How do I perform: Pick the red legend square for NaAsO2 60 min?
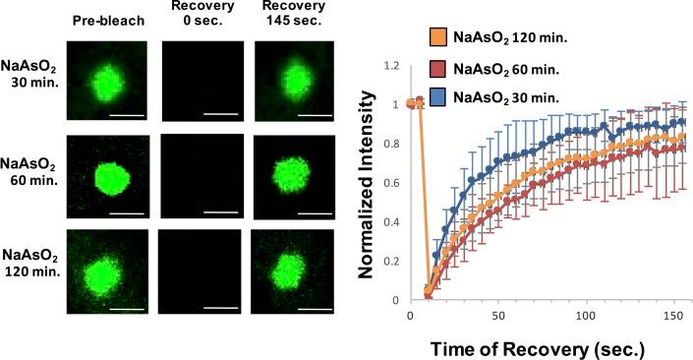point(436,69)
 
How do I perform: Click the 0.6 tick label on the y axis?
point(392,184)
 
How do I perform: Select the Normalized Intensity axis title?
point(366,183)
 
